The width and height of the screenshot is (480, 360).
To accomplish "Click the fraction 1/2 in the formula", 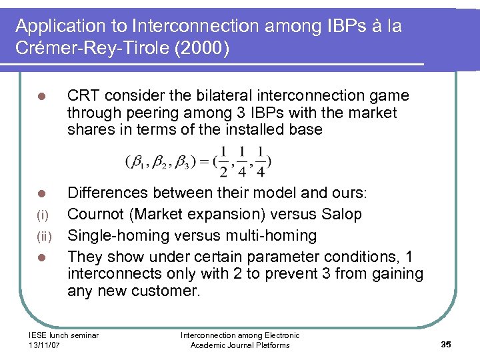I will point(223,162).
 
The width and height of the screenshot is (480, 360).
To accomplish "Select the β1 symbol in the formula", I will point(137,162).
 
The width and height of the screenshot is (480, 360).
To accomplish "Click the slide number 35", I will point(446,344).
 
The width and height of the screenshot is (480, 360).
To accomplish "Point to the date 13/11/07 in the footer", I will point(45,345).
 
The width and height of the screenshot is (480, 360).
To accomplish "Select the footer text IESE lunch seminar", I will point(63,335).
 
